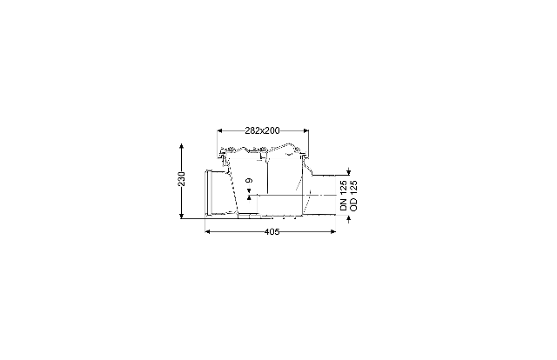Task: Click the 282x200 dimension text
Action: click(262, 130)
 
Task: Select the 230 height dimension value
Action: click(182, 179)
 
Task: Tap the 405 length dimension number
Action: click(272, 232)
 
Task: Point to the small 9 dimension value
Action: click(250, 181)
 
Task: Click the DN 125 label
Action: click(343, 196)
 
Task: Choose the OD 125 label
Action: click(354, 196)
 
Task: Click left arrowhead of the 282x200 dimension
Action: click(220, 130)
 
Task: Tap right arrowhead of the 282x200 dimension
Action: click(305, 130)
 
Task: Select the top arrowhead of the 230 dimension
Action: click(182, 146)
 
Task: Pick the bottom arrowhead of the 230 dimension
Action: click(182, 216)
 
